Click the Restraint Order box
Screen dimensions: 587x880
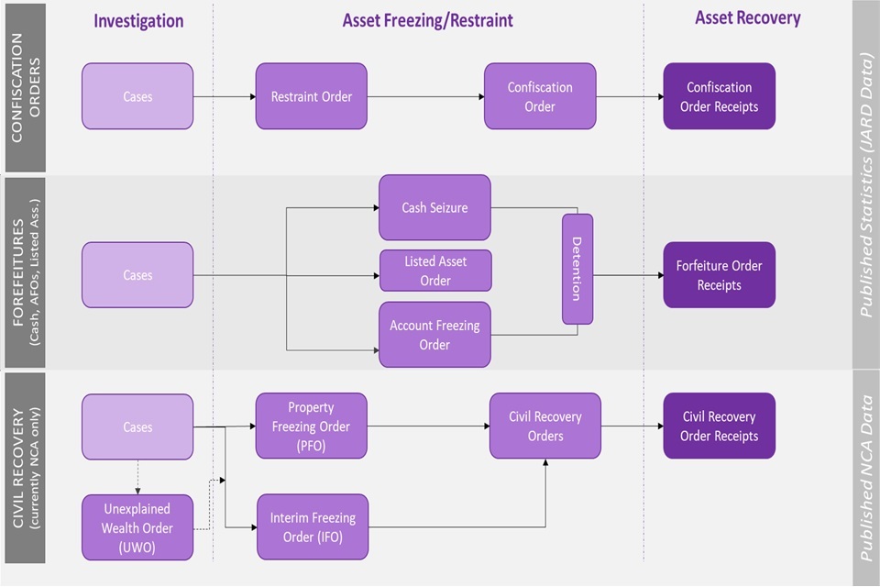point(311,96)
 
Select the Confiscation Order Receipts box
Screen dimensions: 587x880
point(720,96)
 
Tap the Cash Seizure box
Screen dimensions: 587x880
point(434,208)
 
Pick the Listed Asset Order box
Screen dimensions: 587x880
point(435,271)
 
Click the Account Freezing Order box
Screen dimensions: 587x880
point(434,335)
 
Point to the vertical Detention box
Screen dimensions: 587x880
point(577,269)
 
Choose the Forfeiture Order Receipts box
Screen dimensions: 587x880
point(720,275)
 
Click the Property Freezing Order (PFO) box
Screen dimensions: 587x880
point(311,426)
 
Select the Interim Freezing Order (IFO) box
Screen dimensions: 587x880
point(312,526)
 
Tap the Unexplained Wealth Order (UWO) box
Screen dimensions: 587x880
point(137,527)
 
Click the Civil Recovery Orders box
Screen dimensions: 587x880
point(545,426)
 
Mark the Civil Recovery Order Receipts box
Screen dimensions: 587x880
point(720,426)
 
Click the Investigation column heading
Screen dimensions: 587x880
point(138,20)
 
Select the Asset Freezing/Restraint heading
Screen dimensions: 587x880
point(428,19)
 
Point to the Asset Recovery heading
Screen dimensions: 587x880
point(747,17)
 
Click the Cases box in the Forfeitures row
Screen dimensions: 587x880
point(137,275)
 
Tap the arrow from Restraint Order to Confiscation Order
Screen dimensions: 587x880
point(425,96)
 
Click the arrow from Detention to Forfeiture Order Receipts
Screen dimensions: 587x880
point(628,274)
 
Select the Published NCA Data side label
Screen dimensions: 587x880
point(864,477)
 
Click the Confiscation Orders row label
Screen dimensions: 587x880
point(25,87)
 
